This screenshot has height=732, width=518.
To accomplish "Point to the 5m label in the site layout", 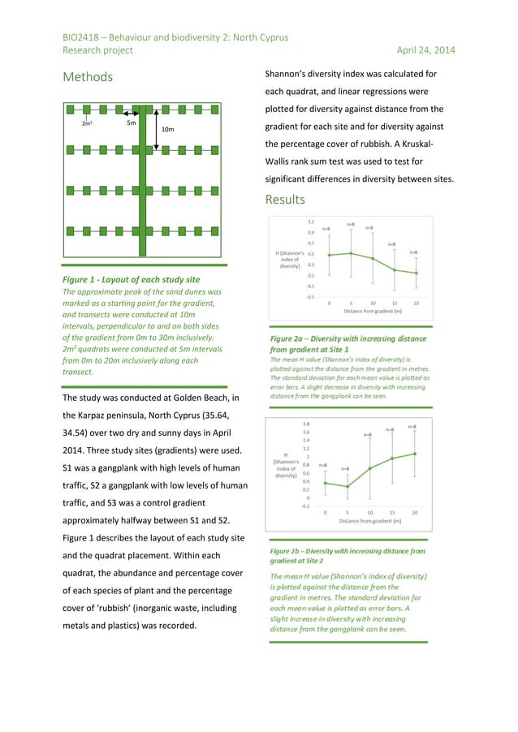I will pyautogui.click(x=131, y=124).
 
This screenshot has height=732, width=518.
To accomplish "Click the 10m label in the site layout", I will pyautogui.click(x=168, y=130).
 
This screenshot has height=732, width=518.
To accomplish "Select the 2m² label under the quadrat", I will pyautogui.click(x=86, y=124).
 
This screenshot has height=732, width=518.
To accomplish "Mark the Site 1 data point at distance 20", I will pyautogui.click(x=417, y=273).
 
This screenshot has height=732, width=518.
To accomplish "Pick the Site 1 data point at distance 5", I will pyautogui.click(x=351, y=253).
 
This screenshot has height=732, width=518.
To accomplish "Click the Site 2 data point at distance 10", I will pyautogui.click(x=370, y=468).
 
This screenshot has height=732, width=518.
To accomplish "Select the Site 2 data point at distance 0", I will pyautogui.click(x=326, y=483).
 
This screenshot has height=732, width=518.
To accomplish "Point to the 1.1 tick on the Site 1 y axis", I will pyautogui.click(x=311, y=221).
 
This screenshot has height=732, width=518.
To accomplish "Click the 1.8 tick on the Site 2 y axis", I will pyautogui.click(x=305, y=424).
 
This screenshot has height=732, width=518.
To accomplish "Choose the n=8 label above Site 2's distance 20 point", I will pyautogui.click(x=412, y=426).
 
